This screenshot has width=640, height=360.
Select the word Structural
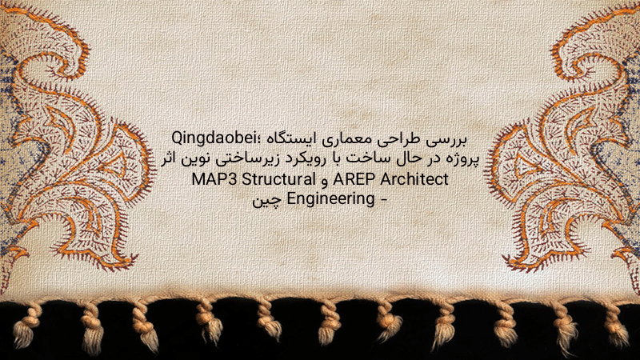[x=278, y=178]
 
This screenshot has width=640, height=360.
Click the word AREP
[x=354, y=178]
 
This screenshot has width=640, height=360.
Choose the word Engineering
[x=331, y=200]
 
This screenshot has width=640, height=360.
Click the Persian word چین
[x=267, y=201]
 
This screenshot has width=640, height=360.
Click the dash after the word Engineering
[x=383, y=200]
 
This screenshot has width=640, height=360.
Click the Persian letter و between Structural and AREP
[x=325, y=181]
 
